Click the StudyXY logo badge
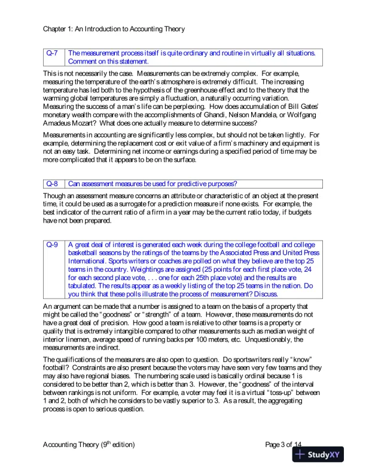coord(318,454)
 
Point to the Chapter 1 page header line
coord(114,28)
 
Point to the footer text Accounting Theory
coord(71,445)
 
